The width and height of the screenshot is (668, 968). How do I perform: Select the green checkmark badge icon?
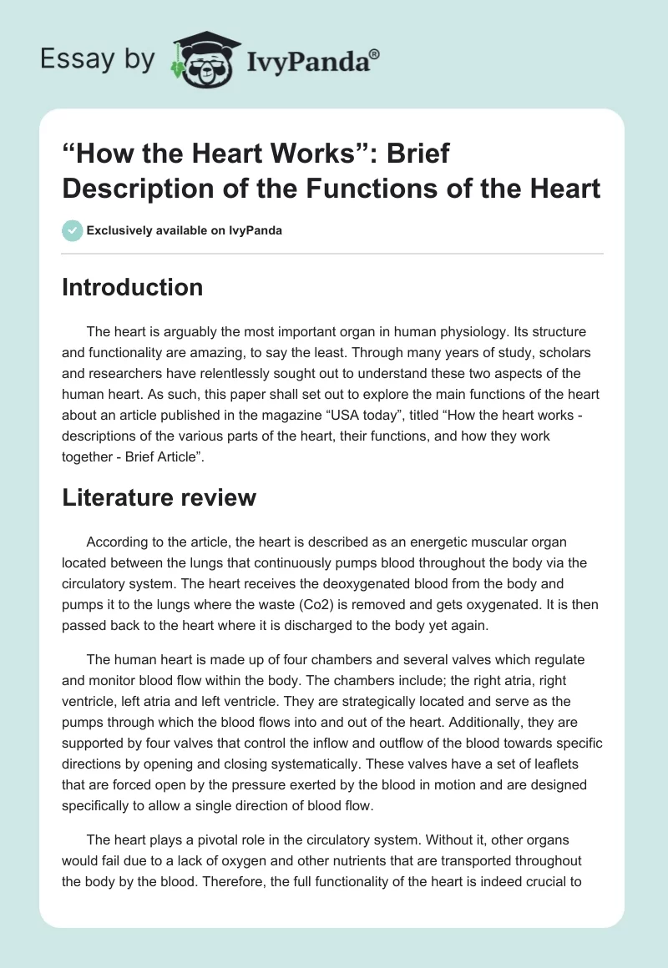[x=73, y=230]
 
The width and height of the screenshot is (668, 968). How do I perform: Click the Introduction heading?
[x=133, y=287]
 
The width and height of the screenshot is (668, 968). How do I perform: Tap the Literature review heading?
[x=159, y=497]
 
